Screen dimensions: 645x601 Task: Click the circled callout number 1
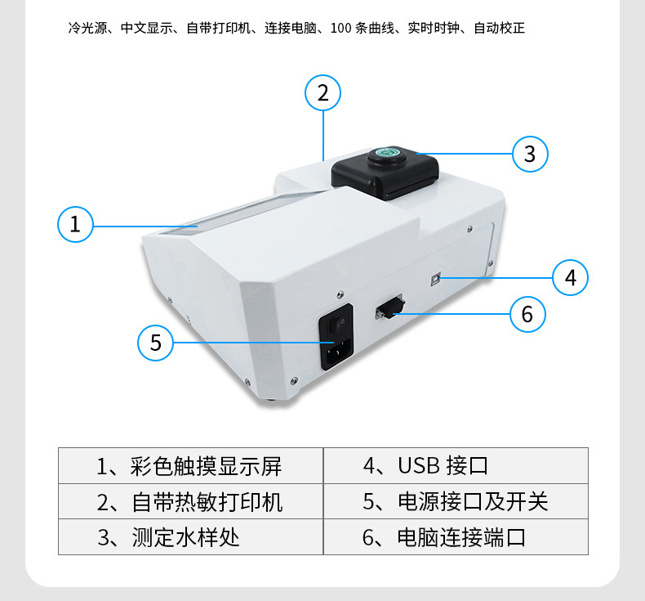[x=75, y=224]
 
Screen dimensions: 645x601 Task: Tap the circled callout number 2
[x=323, y=92]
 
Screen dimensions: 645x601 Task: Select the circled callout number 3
[x=530, y=154]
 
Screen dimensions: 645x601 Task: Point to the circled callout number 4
[x=570, y=278]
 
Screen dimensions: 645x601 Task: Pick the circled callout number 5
[x=155, y=343]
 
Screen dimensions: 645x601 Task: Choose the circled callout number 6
[x=527, y=314]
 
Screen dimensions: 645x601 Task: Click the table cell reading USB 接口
[x=456, y=465]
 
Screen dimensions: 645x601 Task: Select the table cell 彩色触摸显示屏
[x=191, y=465]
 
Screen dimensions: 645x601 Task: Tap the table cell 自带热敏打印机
[x=191, y=501]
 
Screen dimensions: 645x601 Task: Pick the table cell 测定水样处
[x=191, y=536]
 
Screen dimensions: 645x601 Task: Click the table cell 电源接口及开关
[x=456, y=501]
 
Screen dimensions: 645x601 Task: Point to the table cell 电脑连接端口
[x=456, y=536]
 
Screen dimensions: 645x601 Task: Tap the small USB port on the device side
[x=435, y=279]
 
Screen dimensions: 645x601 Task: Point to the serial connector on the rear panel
[x=390, y=307]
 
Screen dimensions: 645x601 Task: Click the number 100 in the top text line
[x=341, y=28]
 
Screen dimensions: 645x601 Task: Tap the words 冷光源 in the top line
[x=87, y=28]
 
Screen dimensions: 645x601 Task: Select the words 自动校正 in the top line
[x=499, y=28]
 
